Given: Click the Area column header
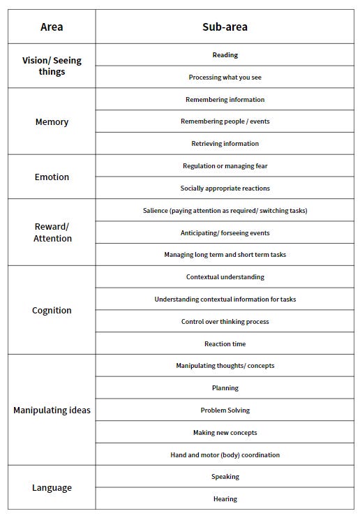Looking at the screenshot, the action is tap(52, 27).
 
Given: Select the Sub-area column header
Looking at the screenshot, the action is tap(225, 27).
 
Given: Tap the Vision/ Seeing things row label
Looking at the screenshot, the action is tap(52, 66).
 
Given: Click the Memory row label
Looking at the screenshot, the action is tap(52, 121).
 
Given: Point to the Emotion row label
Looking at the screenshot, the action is tap(52, 177).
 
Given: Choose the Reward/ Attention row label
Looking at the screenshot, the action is tap(52, 232).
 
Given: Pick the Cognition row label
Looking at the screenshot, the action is tap(52, 310).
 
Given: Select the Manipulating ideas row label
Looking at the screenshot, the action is tap(52, 410).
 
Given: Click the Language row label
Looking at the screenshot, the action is tap(52, 487).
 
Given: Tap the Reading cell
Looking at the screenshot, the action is tap(225, 55).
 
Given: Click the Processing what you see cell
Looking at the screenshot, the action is tap(225, 77).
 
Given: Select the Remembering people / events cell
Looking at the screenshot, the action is tap(225, 121).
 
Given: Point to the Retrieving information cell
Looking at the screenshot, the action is tap(225, 144).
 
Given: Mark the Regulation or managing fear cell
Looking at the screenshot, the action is tap(225, 166).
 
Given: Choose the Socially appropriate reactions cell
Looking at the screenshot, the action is tap(225, 188).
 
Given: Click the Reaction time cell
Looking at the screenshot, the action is tap(225, 343).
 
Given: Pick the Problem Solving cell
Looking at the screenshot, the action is tap(225, 410).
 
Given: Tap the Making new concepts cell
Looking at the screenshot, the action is tap(225, 433).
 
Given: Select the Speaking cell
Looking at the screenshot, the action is tap(225, 477).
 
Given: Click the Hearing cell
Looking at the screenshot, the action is tap(225, 499).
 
